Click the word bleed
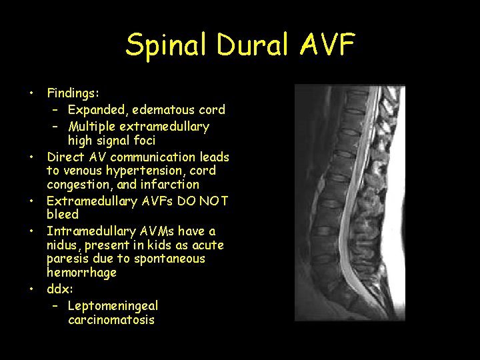point(63,214)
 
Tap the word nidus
point(63,245)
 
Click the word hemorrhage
point(81,272)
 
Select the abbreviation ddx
point(59,289)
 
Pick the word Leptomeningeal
point(113,306)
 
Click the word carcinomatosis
point(111,319)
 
